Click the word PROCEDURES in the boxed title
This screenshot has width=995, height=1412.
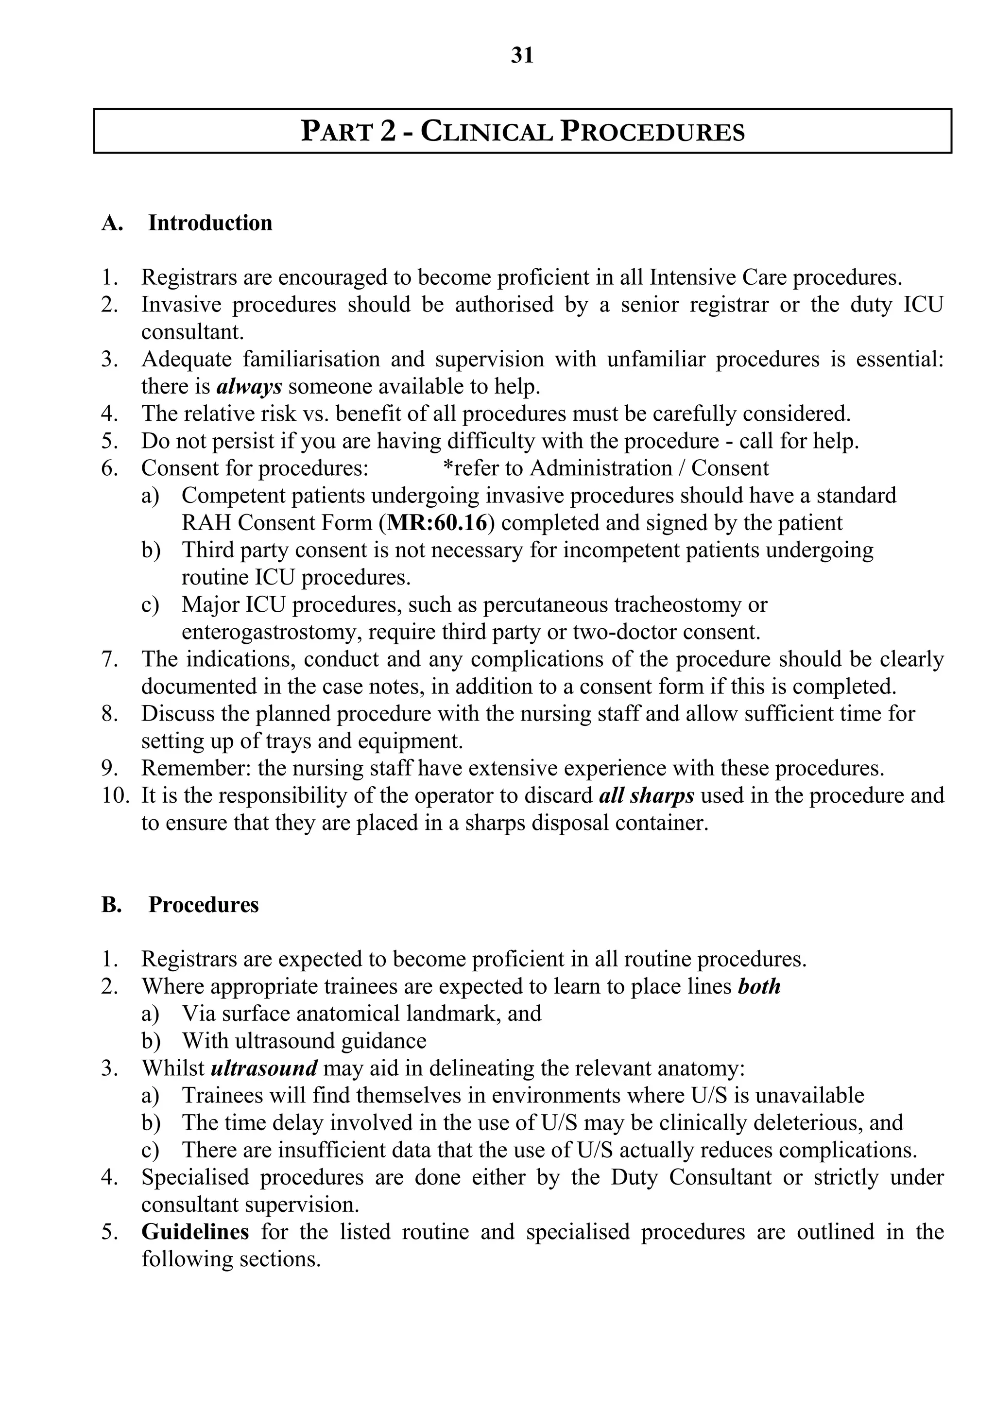pos(652,132)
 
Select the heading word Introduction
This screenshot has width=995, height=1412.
pos(210,223)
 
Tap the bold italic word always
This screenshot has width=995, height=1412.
pos(249,386)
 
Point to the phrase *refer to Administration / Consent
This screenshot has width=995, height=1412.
pos(605,468)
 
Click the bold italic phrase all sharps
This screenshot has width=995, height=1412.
pos(646,795)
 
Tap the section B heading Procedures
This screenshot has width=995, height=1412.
pos(204,905)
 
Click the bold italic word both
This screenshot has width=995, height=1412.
pos(759,986)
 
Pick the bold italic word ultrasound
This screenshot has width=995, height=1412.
pos(264,1068)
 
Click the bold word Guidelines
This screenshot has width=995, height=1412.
pos(195,1232)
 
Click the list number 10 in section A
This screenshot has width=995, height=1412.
pos(114,796)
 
